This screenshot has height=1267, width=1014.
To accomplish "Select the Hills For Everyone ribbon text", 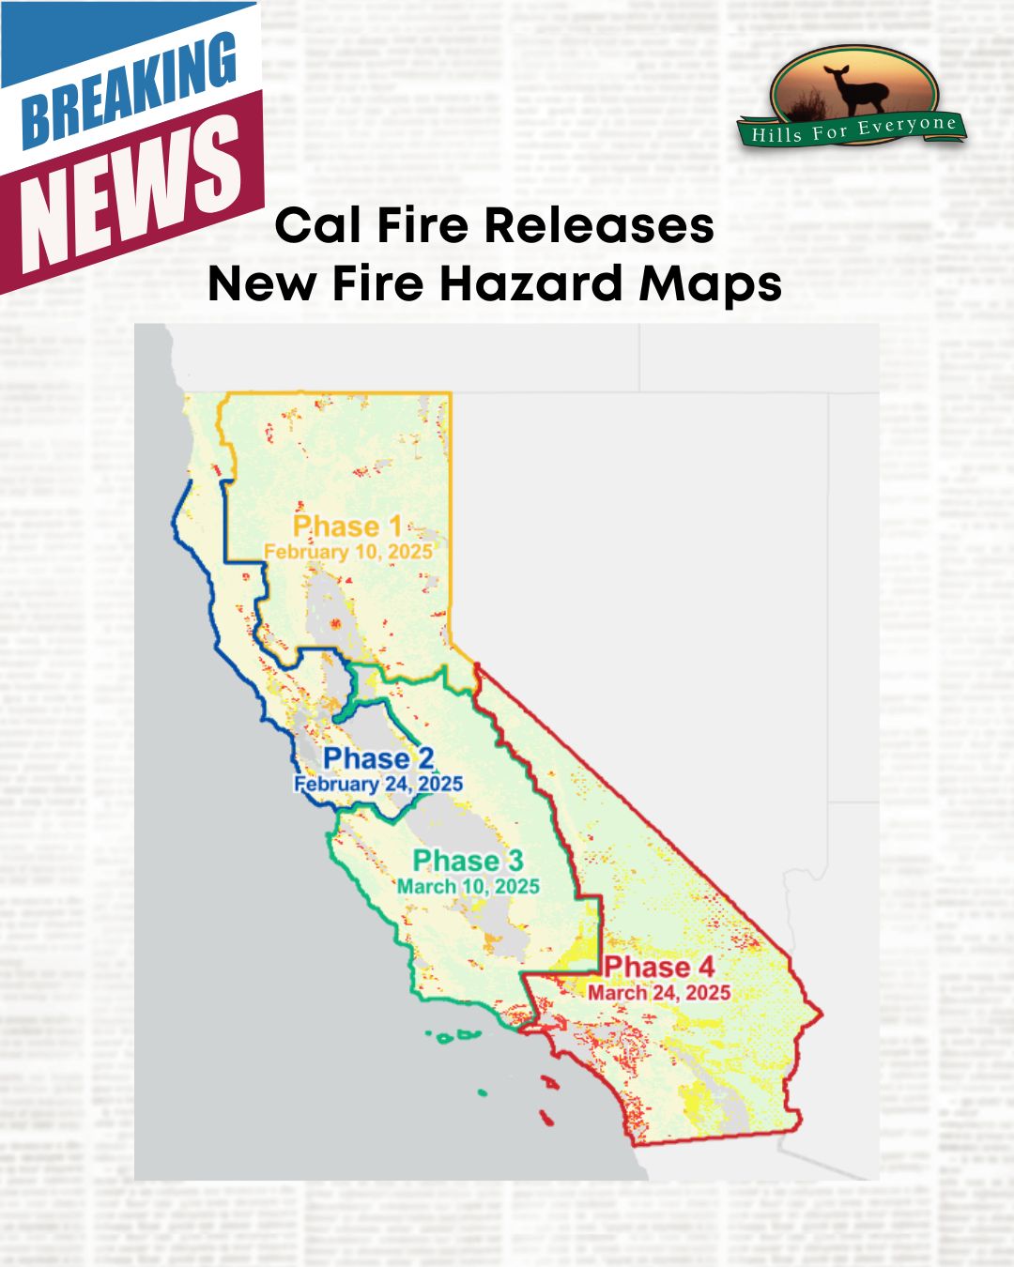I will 853,129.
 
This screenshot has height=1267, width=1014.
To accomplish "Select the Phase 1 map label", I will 348,527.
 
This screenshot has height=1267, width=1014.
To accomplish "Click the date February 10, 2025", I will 348,551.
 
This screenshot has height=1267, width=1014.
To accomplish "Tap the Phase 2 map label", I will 379,758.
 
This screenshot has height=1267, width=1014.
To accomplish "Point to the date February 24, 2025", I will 378,784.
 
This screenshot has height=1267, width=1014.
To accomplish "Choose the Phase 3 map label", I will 469,861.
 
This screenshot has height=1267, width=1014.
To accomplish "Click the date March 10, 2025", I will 469,886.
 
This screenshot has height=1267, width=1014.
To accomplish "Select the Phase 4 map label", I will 659,967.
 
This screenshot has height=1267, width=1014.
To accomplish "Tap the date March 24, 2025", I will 659,992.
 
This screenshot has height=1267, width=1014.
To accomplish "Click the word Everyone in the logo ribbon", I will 909,125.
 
